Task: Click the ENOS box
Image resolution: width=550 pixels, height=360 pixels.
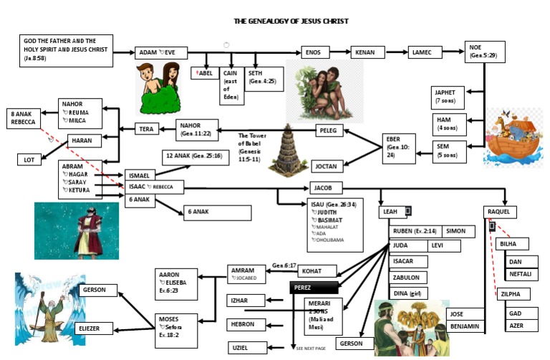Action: pos(320,52)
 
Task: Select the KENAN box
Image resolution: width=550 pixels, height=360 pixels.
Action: pos(367,52)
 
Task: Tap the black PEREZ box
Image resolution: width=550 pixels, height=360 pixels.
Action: pos(313,287)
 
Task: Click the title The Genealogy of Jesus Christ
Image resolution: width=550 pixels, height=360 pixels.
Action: pos(292,21)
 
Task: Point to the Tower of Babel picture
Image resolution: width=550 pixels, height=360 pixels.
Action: pos(289,151)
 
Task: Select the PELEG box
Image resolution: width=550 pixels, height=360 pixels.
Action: pos(334,130)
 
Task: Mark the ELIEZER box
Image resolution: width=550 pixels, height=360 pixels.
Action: pos(93,329)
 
